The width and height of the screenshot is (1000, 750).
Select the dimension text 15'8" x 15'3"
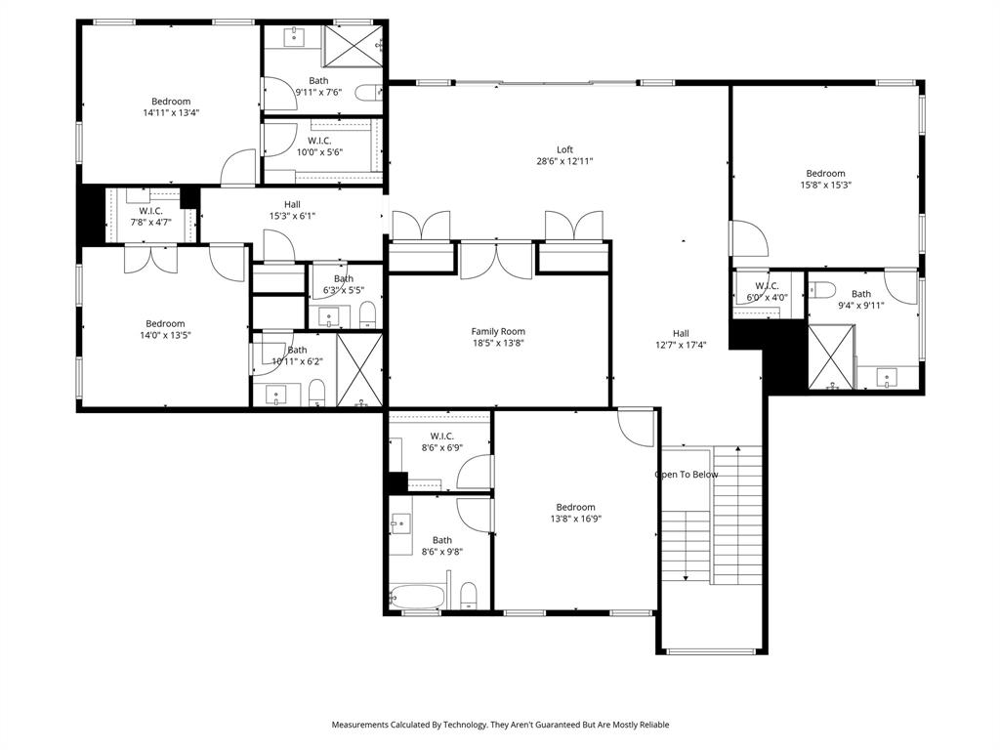tap(825, 186)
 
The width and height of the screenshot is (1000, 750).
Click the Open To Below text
tap(686, 475)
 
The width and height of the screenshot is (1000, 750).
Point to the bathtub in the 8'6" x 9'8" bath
tap(417, 595)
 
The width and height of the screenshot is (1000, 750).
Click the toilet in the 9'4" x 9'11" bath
tap(822, 289)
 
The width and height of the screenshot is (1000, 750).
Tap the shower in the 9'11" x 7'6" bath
tap(354, 46)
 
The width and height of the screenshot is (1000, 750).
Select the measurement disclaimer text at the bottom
tap(500, 725)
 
